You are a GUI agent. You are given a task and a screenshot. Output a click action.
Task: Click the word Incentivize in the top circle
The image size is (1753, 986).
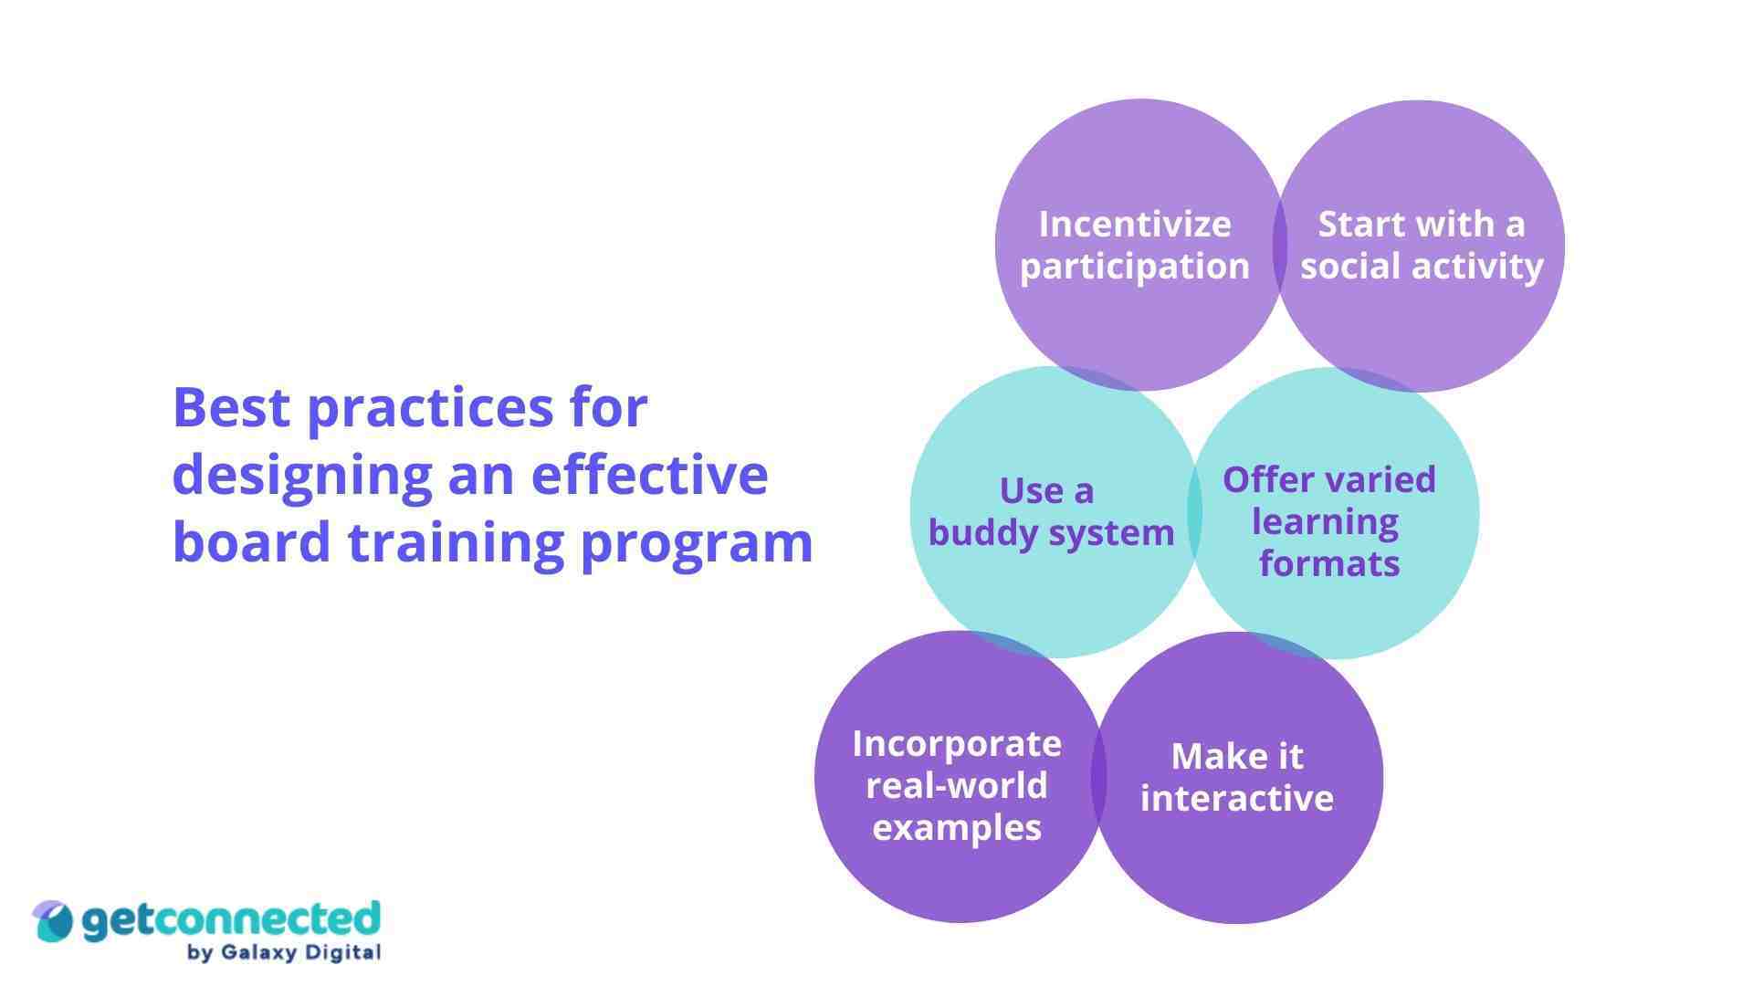click(x=1134, y=225)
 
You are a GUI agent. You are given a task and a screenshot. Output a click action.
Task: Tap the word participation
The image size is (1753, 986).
click(x=1134, y=267)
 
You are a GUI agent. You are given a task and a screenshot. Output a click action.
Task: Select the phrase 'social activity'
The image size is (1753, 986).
click(x=1422, y=267)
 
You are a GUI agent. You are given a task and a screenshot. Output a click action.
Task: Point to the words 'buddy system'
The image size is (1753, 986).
click(x=1051, y=533)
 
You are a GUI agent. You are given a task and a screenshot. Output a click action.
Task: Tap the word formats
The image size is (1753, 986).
click(x=1328, y=564)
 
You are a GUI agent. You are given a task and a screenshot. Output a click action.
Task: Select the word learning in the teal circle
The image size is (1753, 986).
click(x=1325, y=522)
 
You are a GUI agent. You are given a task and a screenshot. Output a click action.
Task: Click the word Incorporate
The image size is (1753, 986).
click(x=956, y=744)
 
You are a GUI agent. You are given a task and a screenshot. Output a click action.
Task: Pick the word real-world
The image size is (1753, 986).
click(x=956, y=786)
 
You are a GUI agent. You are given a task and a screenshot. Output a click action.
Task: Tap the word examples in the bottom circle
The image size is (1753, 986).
click(x=956, y=828)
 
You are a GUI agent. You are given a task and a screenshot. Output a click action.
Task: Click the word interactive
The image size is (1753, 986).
click(x=1236, y=799)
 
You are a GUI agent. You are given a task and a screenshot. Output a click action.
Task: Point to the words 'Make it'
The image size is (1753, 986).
click(x=1236, y=757)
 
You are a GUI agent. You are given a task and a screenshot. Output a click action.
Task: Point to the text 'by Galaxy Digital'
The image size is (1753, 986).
click(x=283, y=953)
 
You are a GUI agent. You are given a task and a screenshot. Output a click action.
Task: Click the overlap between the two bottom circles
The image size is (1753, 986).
click(x=1098, y=777)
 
